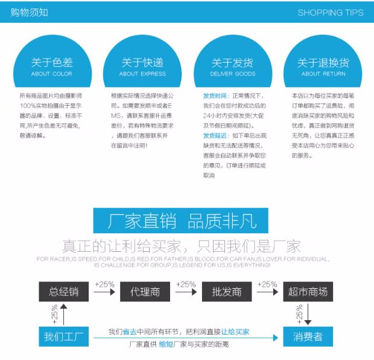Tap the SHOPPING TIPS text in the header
pos(331,13)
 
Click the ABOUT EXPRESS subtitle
pos(142,74)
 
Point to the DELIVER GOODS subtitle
pos(233,74)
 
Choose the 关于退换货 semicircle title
pos(323,63)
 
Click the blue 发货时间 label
pos(215,96)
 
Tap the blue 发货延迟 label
pos(215,135)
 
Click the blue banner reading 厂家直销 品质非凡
pos(181,220)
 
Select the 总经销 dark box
pos(64,292)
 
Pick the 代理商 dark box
pos(145,292)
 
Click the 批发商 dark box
pos(227,292)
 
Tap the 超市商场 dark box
pos(308,292)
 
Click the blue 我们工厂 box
pos(64,336)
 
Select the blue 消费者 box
pos(308,336)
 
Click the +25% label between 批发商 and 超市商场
pos(267,284)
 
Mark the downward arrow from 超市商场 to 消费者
pos(308,314)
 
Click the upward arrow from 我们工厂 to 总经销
pos(64,314)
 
